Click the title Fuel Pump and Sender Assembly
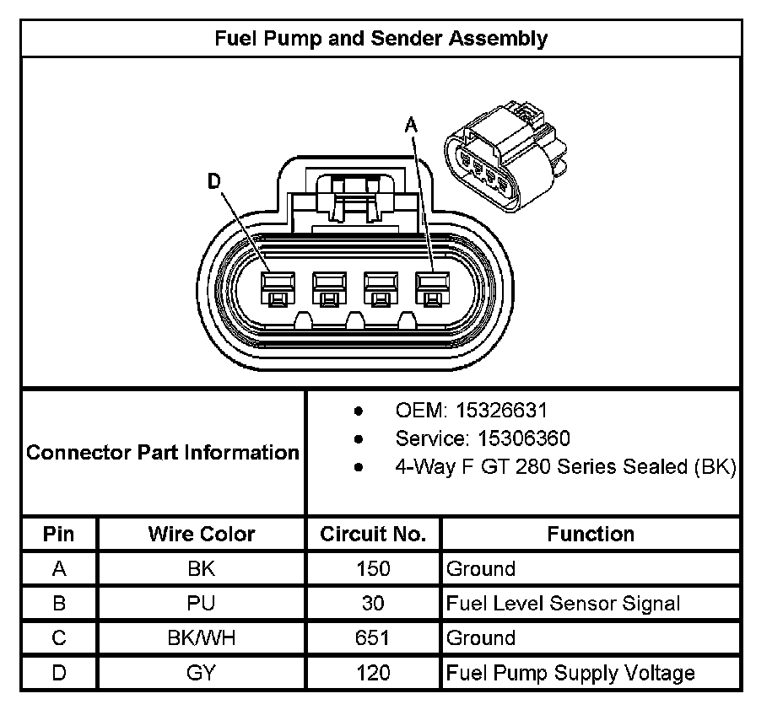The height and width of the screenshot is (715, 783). pyautogui.click(x=381, y=39)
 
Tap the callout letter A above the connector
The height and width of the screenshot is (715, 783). pyautogui.click(x=411, y=126)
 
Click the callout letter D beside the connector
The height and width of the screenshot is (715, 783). pyautogui.click(x=216, y=181)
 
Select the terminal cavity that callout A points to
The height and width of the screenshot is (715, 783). pyautogui.click(x=432, y=288)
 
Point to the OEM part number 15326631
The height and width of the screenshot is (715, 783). pyautogui.click(x=501, y=411)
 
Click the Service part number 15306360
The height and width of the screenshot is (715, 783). pyautogui.click(x=513, y=438)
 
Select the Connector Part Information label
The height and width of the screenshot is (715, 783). pyautogui.click(x=163, y=452)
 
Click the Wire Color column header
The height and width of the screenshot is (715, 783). pyautogui.click(x=202, y=534)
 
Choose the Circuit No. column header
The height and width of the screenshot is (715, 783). pyautogui.click(x=373, y=534)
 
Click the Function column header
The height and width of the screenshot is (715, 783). pyautogui.click(x=591, y=534)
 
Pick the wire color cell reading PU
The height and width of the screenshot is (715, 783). pyautogui.click(x=202, y=604)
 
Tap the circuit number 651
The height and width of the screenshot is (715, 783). pyautogui.click(x=373, y=638)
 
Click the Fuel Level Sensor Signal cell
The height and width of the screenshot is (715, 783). pyautogui.click(x=563, y=604)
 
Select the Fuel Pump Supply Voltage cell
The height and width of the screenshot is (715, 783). pyautogui.click(x=570, y=673)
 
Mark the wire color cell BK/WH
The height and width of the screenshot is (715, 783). pyautogui.click(x=202, y=638)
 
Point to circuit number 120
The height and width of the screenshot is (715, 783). pyautogui.click(x=373, y=673)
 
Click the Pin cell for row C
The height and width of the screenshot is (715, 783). pyautogui.click(x=59, y=638)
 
